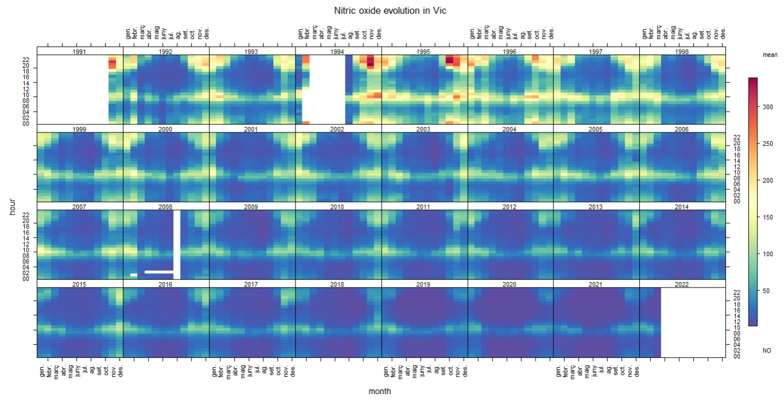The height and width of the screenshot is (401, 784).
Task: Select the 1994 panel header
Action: coord(338,52)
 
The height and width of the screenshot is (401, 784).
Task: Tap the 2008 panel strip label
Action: coord(166,207)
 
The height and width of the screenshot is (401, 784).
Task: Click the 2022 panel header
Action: coord(682,284)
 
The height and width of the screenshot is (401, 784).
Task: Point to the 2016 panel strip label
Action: coord(166,284)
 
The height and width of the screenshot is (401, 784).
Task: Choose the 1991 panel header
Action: coord(80,52)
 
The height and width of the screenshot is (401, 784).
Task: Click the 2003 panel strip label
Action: coord(424,129)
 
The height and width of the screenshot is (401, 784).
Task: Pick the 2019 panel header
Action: coord(424,284)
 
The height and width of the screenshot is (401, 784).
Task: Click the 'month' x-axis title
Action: coord(380,391)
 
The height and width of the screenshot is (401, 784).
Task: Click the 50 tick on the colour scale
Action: coord(764,291)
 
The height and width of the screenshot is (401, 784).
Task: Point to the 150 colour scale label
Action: coord(766,217)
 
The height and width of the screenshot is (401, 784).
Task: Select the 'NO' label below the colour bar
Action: coord(767,350)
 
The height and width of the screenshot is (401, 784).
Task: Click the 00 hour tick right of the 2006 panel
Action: coord(736,201)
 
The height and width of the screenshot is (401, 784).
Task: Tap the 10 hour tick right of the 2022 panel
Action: coord(736,327)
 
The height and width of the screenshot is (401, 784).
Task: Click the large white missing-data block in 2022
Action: coord(693,322)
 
